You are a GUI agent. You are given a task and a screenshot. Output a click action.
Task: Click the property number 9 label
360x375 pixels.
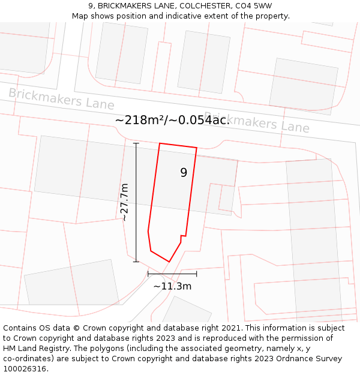point(184,173)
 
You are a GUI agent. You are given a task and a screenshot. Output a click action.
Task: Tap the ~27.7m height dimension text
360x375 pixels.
point(124,203)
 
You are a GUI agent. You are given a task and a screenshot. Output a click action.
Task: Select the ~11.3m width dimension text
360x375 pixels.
point(172,286)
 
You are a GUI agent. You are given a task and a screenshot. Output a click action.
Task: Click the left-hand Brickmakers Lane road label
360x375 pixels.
point(61,98)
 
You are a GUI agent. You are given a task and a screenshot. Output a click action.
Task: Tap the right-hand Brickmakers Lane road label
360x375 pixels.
point(257,122)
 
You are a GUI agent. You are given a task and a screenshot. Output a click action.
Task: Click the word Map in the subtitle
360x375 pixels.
point(81,16)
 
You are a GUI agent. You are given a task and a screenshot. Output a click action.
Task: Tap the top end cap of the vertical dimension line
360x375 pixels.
point(136,143)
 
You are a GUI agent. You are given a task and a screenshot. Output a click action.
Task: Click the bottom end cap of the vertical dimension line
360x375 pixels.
point(136,262)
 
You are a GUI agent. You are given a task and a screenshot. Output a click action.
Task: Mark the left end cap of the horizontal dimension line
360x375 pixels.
point(148,274)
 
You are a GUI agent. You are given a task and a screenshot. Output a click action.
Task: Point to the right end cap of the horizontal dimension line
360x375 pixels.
point(197,274)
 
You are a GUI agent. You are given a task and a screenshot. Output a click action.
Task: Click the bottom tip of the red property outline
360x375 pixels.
point(169,262)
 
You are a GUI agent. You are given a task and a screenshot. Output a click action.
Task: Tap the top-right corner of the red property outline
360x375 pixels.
point(197,148)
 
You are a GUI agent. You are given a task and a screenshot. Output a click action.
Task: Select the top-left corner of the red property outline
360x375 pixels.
point(160,143)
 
